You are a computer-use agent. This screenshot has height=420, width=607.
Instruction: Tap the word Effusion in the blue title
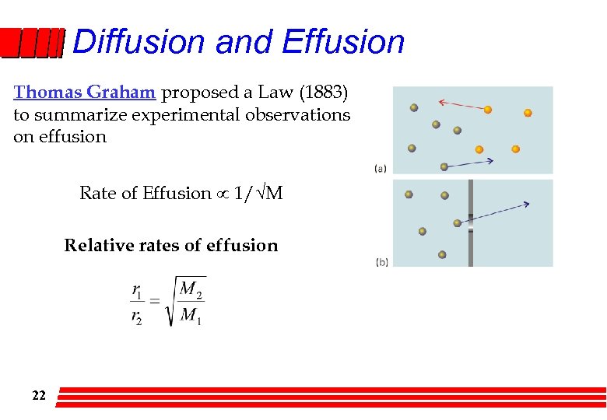click(343, 41)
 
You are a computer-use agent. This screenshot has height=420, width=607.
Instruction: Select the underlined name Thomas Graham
click(86, 93)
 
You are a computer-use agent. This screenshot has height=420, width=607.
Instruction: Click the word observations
click(307, 114)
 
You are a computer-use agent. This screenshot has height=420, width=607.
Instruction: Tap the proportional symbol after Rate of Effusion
click(223, 194)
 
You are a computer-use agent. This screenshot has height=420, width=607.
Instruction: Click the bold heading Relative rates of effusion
click(170, 246)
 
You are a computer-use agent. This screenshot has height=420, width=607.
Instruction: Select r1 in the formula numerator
click(137, 291)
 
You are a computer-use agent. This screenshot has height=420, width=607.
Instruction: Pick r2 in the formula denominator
click(137, 317)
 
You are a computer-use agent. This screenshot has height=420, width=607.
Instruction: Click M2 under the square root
click(191, 290)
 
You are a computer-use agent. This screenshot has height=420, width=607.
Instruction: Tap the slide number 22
click(39, 396)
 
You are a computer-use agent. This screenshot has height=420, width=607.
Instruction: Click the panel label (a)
click(381, 167)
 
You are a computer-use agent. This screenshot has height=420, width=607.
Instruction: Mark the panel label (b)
click(382, 262)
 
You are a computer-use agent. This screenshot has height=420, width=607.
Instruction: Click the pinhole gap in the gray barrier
click(470, 223)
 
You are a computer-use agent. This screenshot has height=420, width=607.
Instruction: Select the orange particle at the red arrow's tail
click(488, 110)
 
